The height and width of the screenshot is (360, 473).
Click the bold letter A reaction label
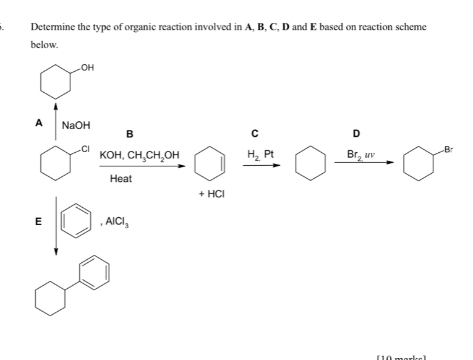[39, 122]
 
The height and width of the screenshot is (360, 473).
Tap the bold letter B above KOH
[129, 134]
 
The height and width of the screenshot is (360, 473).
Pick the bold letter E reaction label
[38, 222]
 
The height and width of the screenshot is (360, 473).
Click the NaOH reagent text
[75, 126]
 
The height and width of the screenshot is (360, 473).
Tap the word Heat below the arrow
[121, 178]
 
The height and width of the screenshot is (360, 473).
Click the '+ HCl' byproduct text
[211, 194]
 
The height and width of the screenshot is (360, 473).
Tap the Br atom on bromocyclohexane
[449, 150]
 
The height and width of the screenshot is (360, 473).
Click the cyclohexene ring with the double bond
[210, 163]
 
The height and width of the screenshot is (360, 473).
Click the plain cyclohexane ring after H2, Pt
[311, 163]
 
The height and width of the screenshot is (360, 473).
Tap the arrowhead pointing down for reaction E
[56, 251]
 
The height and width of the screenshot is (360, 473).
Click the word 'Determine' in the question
[51, 28]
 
